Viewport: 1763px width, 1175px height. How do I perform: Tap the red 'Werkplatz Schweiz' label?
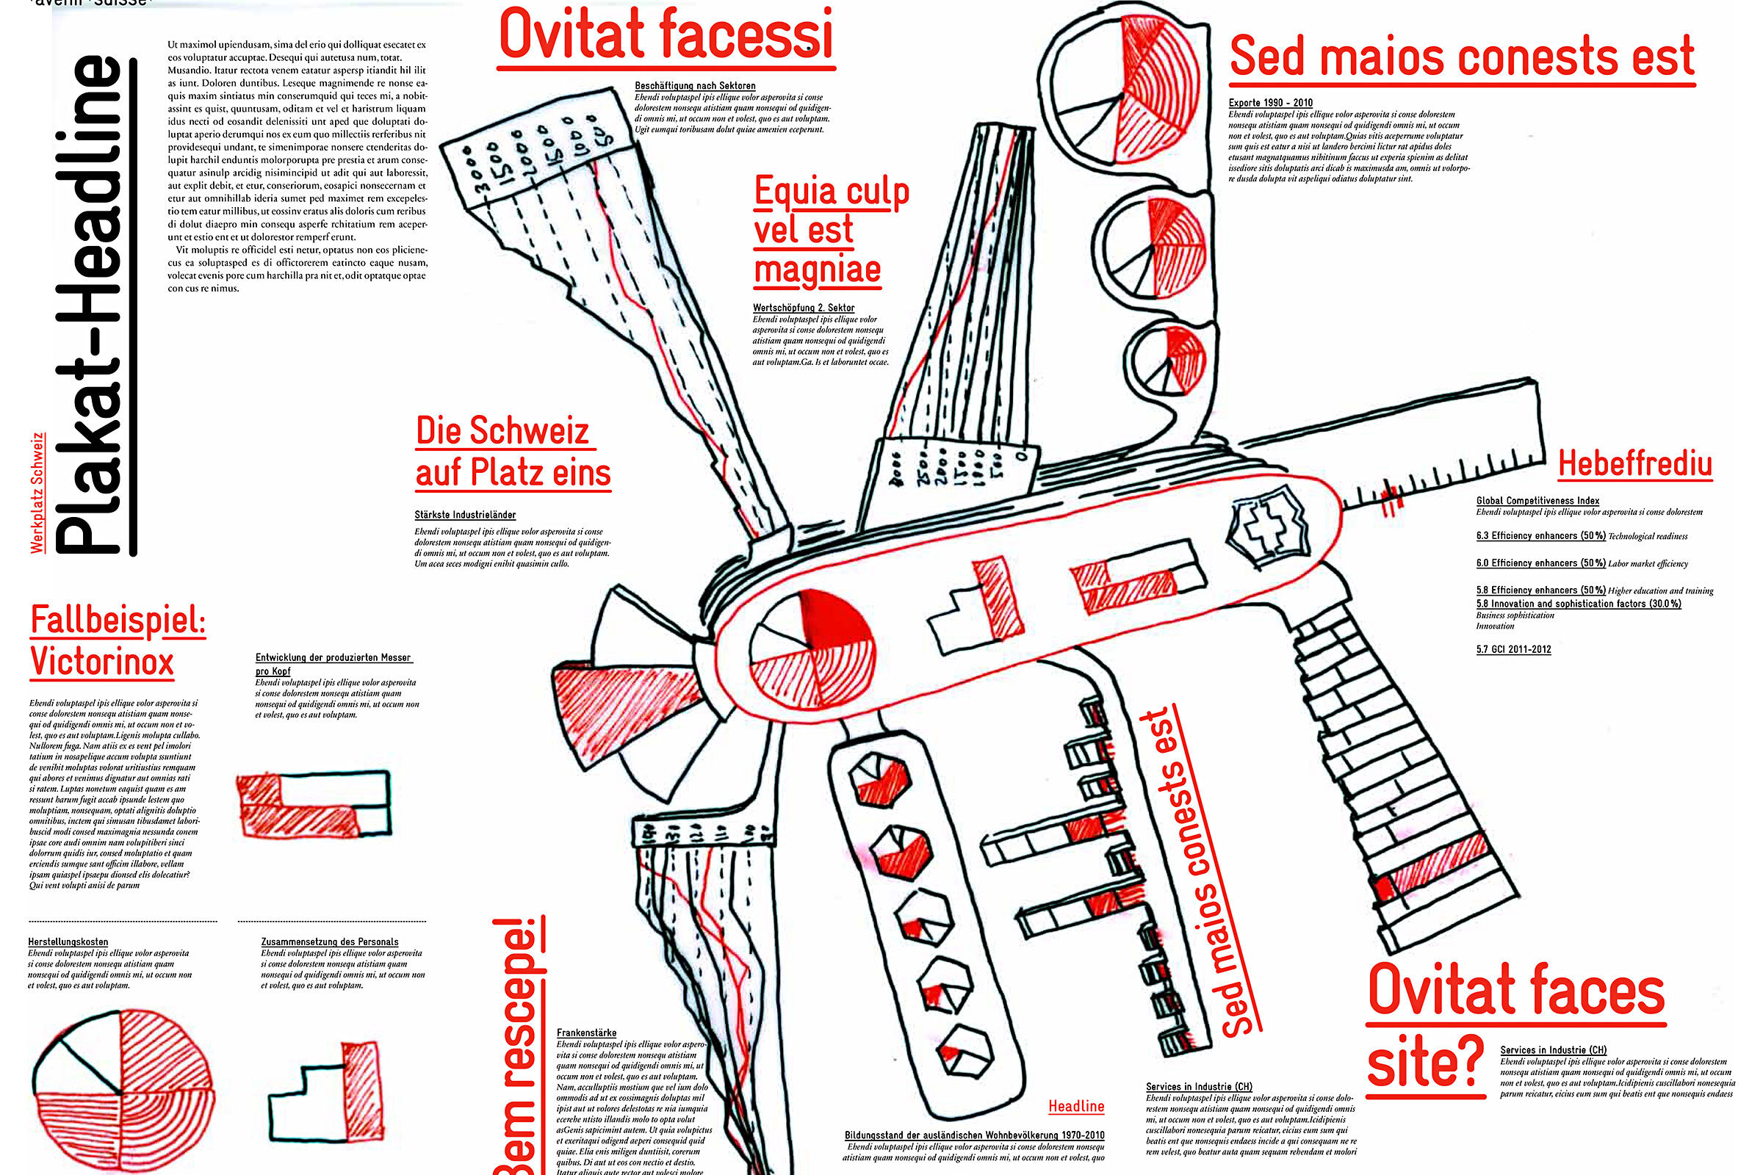coord(37,492)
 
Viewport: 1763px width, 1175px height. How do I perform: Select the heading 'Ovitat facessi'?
coord(666,35)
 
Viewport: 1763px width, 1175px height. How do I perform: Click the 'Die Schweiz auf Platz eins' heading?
coord(513,452)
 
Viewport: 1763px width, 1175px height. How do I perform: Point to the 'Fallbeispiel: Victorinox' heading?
coord(117,641)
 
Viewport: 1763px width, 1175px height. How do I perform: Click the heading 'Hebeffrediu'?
coord(1635,464)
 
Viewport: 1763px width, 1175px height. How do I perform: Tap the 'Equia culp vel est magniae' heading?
coord(830,230)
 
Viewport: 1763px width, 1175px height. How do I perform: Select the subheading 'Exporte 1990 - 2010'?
coord(1271,103)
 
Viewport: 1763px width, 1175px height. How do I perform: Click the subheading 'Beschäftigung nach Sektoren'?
coord(695,86)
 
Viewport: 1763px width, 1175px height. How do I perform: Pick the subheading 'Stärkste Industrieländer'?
coord(465,515)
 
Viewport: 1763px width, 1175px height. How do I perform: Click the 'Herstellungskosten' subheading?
coord(68,942)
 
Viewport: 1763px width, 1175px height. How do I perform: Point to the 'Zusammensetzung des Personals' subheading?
coord(329,942)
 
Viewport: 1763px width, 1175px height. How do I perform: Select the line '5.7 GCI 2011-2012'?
coord(1513,649)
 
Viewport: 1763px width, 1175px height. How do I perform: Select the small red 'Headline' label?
coord(1075,1106)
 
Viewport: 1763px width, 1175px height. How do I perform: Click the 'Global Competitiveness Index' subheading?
coord(1537,501)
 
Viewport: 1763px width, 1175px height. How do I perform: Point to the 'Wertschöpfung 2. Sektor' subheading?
coord(804,307)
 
